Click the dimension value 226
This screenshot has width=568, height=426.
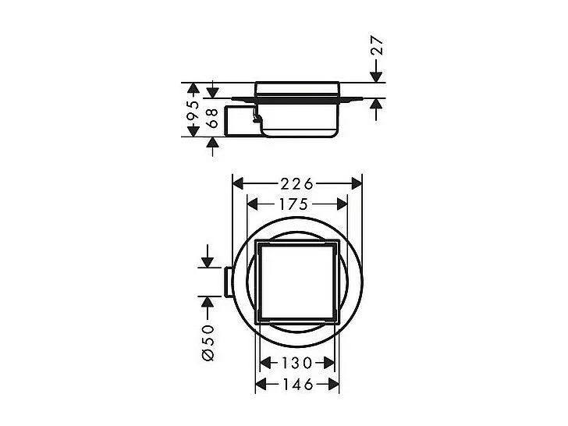pyautogui.click(x=297, y=184)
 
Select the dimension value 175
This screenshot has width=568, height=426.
pyautogui.click(x=297, y=204)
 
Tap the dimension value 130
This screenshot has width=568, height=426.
pyautogui.click(x=297, y=363)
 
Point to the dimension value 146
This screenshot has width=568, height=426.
pyautogui.click(x=297, y=384)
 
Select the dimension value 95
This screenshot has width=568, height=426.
pyautogui.click(x=193, y=110)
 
